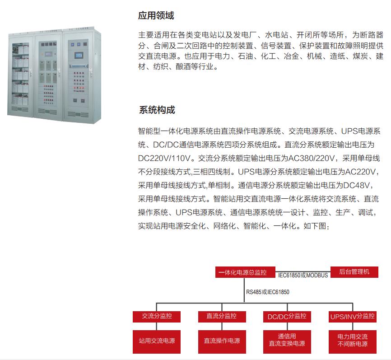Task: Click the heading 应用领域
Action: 156,15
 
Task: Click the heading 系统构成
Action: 157,110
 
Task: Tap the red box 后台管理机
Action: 354,272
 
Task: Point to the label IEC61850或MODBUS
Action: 303,276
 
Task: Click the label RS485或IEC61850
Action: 268,292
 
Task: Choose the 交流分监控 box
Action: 157,316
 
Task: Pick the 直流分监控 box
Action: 222,316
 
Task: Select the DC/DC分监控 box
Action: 287,317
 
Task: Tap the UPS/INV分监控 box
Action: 352,317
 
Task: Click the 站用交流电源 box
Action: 157,341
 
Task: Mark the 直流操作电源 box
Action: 222,341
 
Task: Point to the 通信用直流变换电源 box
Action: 287,341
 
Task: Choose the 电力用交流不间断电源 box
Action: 352,341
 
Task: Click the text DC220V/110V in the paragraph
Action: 164,158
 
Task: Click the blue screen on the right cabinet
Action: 79,55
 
